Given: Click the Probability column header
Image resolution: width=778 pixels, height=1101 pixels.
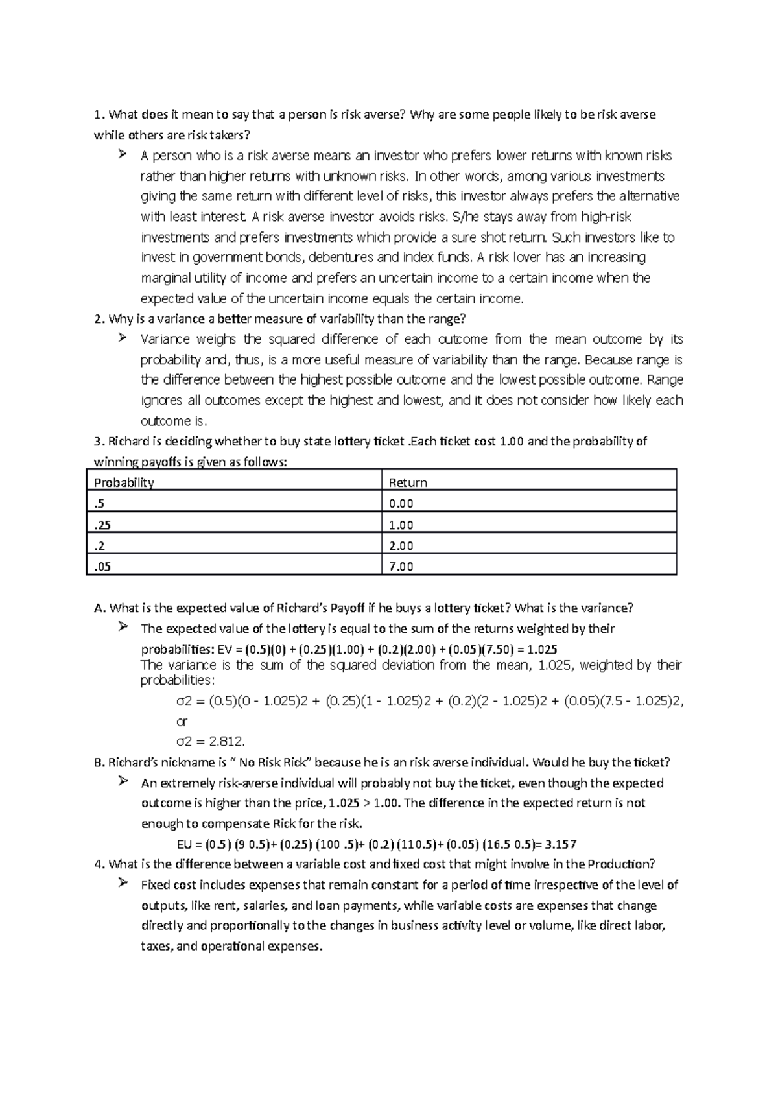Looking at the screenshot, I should tap(124, 482).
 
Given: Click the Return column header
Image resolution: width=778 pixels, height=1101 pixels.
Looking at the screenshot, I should tap(407, 482).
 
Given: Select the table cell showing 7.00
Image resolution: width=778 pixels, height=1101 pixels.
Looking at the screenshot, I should tap(401, 566).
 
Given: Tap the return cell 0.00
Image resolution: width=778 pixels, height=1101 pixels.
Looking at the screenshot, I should tap(401, 504).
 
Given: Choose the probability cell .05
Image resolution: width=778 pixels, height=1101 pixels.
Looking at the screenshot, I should tap(102, 566).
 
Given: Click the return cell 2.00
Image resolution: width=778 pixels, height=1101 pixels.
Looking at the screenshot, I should tap(401, 545).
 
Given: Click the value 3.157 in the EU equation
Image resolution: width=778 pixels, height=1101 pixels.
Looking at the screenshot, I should tap(561, 844).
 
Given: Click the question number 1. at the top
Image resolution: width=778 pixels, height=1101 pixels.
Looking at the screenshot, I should tap(99, 115).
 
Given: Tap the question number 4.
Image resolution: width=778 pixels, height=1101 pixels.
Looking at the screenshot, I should tap(99, 864).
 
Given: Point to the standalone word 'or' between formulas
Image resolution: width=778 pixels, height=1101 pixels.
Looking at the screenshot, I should tap(182, 722).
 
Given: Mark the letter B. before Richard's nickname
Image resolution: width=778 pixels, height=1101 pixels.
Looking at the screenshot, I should tap(99, 763).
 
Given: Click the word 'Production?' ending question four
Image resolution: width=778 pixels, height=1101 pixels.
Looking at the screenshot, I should tap(622, 864).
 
